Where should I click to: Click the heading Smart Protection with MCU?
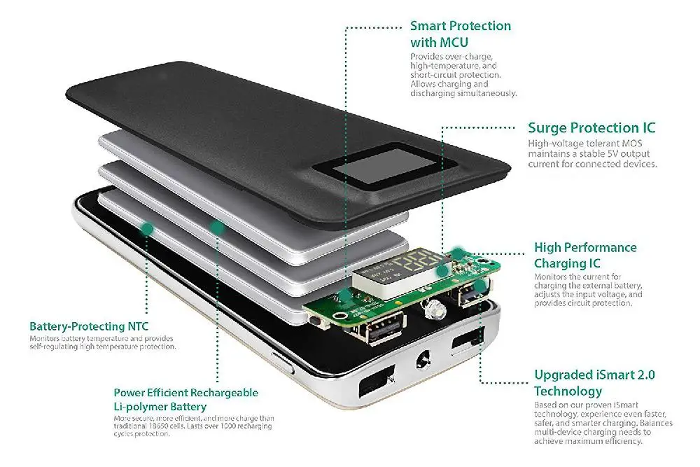point(460,34)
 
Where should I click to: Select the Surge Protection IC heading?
point(591,128)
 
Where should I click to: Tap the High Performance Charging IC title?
point(585,256)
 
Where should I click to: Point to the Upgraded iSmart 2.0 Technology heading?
point(594,383)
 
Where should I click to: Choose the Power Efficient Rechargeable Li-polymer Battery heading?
point(185,400)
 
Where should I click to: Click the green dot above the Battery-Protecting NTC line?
point(147,228)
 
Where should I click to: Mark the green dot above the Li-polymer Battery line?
point(218,227)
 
